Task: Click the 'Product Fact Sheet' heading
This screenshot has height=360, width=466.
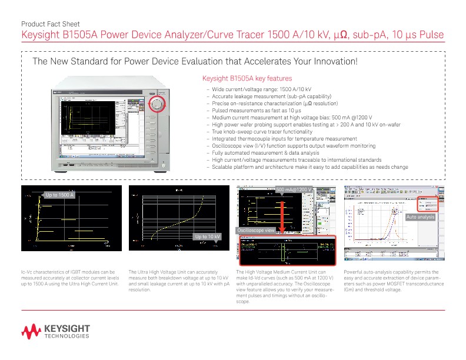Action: click(46, 24)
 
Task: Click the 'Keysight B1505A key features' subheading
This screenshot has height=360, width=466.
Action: click(247, 78)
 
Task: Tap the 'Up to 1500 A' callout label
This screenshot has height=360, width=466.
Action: click(59, 194)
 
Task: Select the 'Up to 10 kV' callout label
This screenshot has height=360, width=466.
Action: click(208, 236)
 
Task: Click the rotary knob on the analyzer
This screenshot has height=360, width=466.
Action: click(157, 105)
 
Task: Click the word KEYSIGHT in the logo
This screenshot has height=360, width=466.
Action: click(68, 328)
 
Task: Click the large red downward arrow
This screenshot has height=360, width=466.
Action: click(282, 221)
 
